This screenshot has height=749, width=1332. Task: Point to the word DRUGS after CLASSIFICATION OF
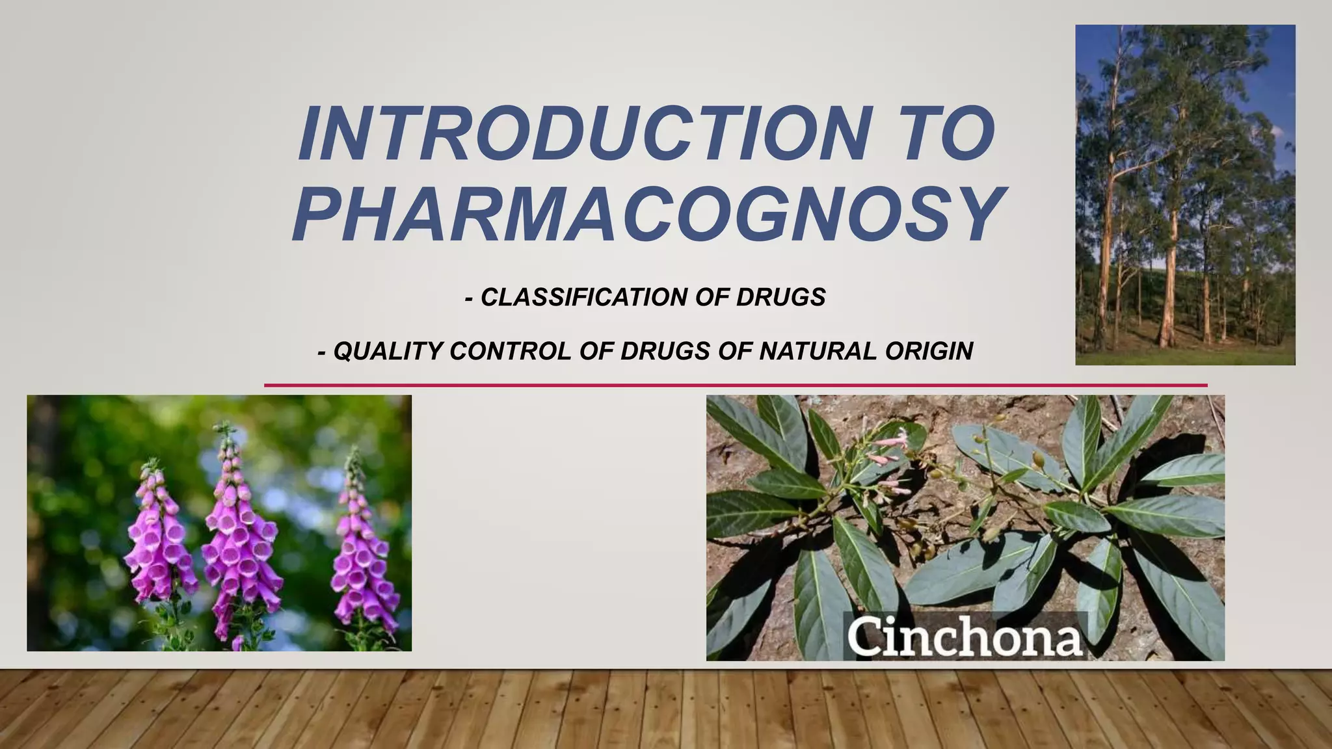coord(780,298)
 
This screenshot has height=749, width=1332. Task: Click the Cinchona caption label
coord(965,637)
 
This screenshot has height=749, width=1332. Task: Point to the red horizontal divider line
coord(735,386)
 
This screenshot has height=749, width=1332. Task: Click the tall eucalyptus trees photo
coord(1184,195)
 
